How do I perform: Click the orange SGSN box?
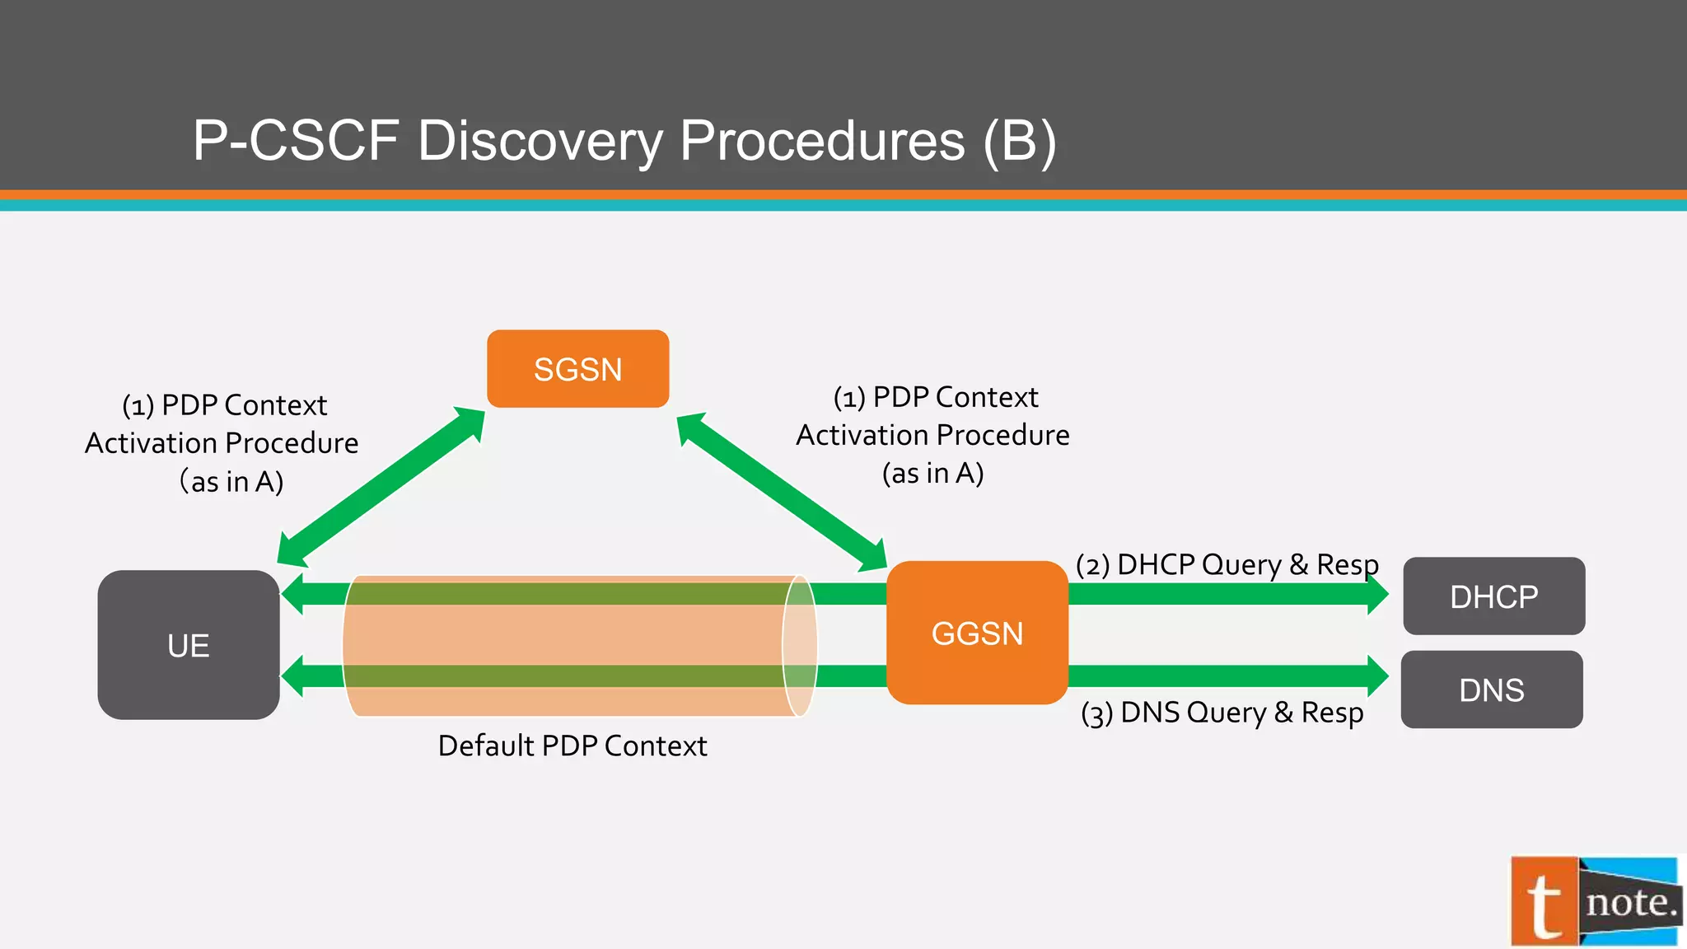577,369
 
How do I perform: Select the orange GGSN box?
977,633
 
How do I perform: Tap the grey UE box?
189,645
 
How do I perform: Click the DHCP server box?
1493,596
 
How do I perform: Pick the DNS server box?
1491,690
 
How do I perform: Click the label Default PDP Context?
572,746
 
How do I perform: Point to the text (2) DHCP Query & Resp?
1227,565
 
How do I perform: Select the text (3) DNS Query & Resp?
1222,713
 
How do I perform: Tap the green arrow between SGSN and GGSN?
781,492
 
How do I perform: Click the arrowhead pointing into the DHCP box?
1376,594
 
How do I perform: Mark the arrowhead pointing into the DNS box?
1376,676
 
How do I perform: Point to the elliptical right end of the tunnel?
799,645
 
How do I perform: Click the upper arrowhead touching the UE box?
294,594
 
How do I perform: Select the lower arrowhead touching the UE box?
294,676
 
